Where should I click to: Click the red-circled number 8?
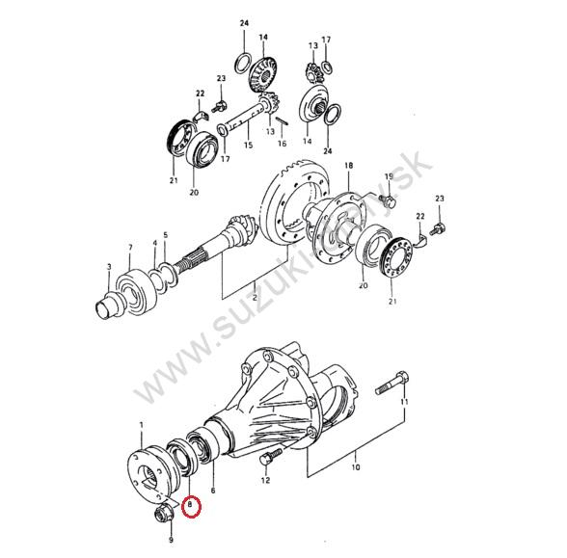coord(190,503)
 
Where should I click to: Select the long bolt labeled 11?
coord(393,384)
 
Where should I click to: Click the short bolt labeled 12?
coord(269,458)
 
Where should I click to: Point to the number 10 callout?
coord(356,467)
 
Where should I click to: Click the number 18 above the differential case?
coord(349,166)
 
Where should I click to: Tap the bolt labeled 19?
coord(388,199)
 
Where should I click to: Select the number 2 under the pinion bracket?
coord(255,298)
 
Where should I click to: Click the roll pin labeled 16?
coord(282,121)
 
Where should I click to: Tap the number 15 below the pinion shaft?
coord(248,146)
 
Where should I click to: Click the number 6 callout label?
coord(213,490)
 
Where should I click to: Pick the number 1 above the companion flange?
coord(142,425)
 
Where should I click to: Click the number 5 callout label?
coord(166,235)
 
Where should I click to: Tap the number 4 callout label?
coord(154,243)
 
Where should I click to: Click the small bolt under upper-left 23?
coord(218,106)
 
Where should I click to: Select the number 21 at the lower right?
coord(392,301)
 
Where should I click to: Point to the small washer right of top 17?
coord(327,66)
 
